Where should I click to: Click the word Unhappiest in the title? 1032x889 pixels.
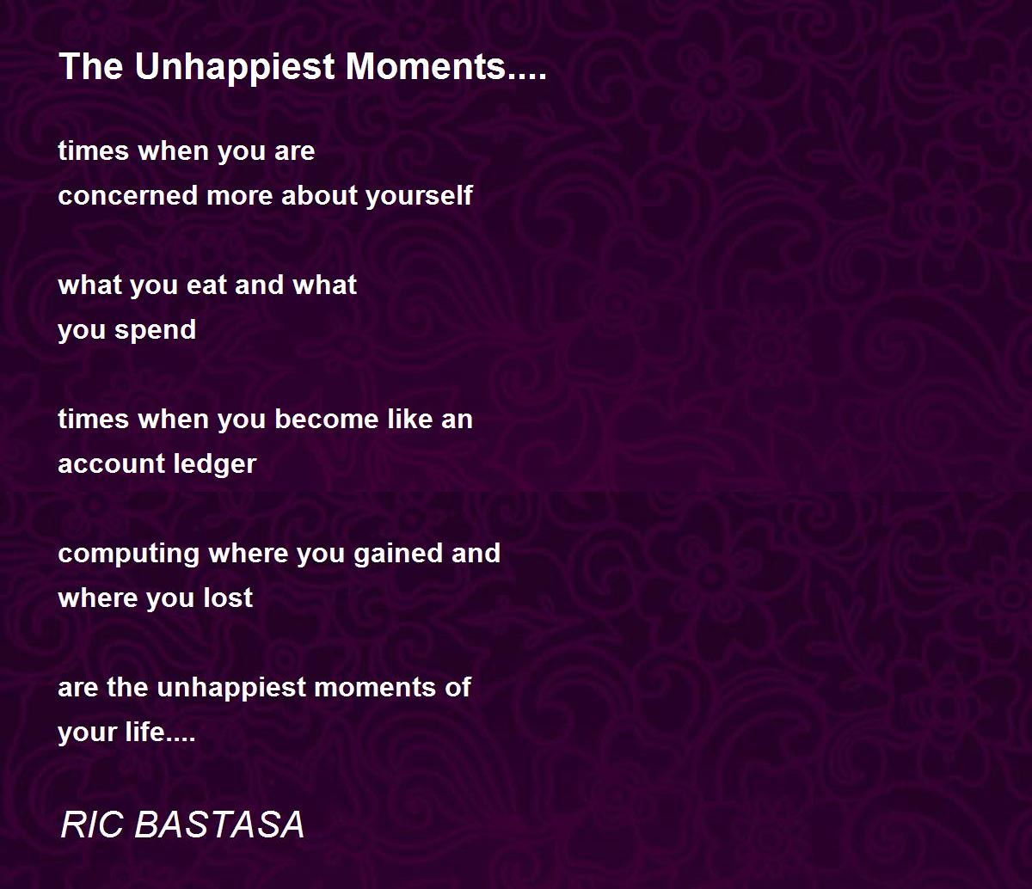[235, 67]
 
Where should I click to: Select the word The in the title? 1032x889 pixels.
[91, 66]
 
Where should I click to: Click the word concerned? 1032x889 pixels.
[128, 195]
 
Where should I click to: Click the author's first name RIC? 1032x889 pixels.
[92, 825]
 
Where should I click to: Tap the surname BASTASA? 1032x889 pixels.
[219, 825]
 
